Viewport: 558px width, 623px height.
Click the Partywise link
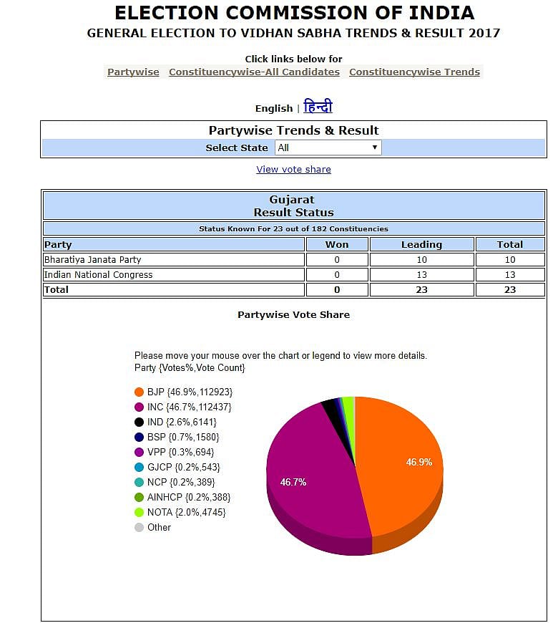click(x=133, y=72)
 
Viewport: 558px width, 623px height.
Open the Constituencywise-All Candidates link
click(x=254, y=72)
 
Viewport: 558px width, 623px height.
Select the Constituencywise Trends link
click(x=414, y=72)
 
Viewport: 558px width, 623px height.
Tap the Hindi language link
click(x=318, y=107)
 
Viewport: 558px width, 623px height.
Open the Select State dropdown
click(x=328, y=148)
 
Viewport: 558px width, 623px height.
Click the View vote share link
click(x=293, y=170)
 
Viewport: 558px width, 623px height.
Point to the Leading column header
click(x=421, y=244)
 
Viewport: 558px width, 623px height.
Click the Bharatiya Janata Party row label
click(x=93, y=259)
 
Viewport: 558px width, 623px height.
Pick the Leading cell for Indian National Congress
click(x=421, y=274)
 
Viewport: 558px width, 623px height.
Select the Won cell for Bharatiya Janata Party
click(x=337, y=259)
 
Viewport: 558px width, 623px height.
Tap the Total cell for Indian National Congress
click(x=510, y=274)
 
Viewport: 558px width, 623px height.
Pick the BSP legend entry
click(x=182, y=437)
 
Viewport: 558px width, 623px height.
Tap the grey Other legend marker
click(x=139, y=527)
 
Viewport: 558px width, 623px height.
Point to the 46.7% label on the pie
click(x=293, y=482)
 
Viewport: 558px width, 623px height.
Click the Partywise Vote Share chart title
click(x=293, y=314)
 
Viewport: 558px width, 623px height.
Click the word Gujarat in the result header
click(x=292, y=200)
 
